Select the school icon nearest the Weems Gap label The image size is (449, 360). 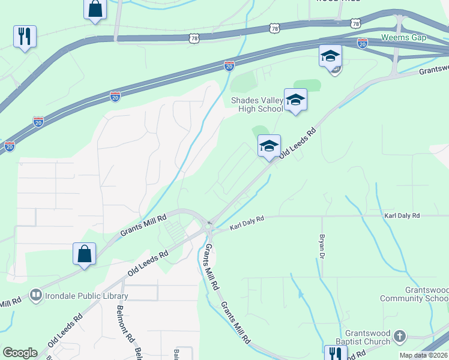tap(330, 56)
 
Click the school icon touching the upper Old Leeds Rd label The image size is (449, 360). tap(269, 145)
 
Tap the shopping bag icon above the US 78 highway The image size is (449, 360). tap(95, 9)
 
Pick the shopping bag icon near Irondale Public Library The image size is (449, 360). tap(85, 253)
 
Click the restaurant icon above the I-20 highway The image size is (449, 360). tap(25, 36)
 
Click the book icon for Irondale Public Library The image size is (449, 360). tap(36, 295)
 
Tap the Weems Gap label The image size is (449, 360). tap(403, 37)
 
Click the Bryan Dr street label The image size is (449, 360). tap(322, 247)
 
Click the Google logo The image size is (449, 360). tap(20, 353)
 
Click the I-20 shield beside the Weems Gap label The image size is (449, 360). tap(362, 43)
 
